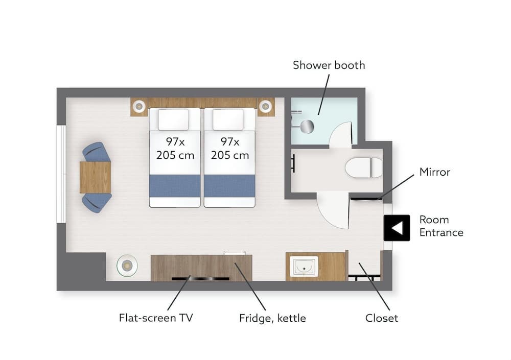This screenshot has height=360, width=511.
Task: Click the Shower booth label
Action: coord(329,65)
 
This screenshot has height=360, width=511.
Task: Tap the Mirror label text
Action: coord(435,172)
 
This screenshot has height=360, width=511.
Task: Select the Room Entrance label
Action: coord(441,226)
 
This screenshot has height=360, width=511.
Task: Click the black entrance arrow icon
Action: coord(397,227)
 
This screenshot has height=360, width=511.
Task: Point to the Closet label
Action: coord(381,318)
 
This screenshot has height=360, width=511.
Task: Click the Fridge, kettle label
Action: coord(272,318)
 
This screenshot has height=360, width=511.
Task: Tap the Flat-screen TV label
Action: coord(156,318)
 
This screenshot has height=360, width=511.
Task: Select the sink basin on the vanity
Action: coord(304,267)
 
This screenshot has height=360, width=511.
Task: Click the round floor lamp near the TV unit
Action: coord(127,266)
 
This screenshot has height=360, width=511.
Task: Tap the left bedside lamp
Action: coord(138,107)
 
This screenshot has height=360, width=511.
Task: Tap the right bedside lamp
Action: coord(265,107)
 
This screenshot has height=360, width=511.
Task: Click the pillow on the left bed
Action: coord(173,119)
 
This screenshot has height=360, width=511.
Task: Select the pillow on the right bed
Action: coord(228,119)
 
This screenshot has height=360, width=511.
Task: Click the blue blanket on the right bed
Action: coord(229,186)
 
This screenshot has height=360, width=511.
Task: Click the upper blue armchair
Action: coord(97,152)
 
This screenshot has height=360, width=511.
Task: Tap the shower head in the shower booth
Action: coord(308,126)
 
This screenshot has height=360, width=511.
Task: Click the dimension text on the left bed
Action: coord(175,148)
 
